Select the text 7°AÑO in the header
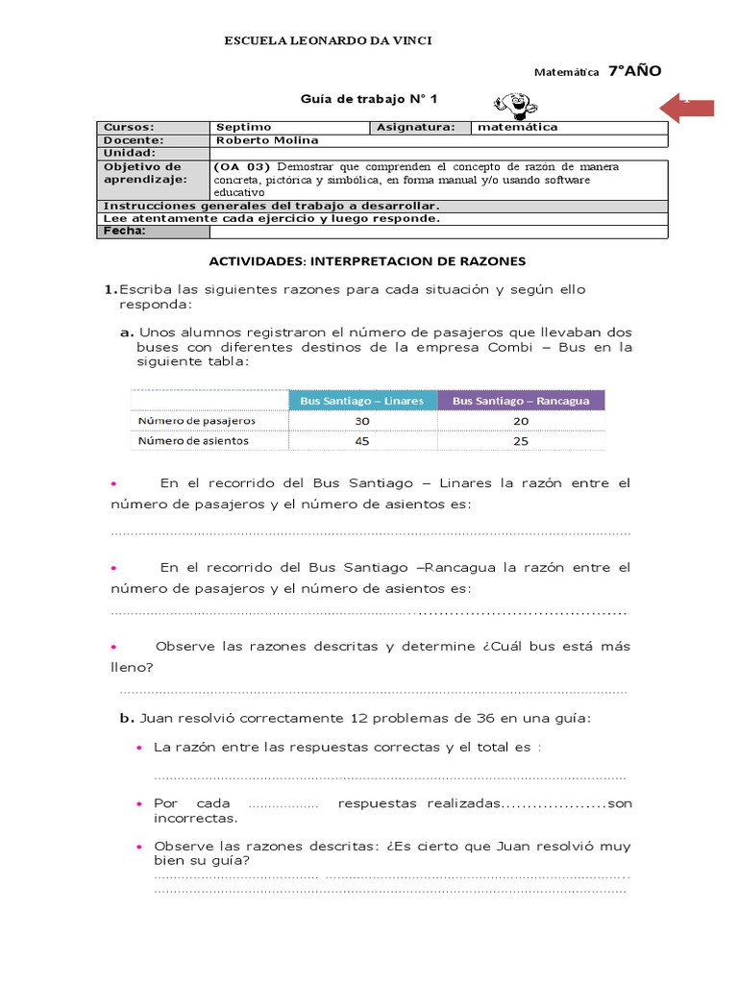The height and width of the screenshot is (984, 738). coord(634,71)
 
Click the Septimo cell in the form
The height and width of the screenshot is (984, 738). coord(244,127)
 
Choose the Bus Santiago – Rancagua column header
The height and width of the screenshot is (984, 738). coord(521,400)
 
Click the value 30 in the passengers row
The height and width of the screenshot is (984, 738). coord(361,421)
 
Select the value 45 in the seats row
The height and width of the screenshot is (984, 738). coord(361,441)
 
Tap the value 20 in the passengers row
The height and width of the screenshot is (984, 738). coord(521,421)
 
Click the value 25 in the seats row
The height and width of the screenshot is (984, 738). coord(521,441)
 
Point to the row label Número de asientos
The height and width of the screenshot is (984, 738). coord(193,441)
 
